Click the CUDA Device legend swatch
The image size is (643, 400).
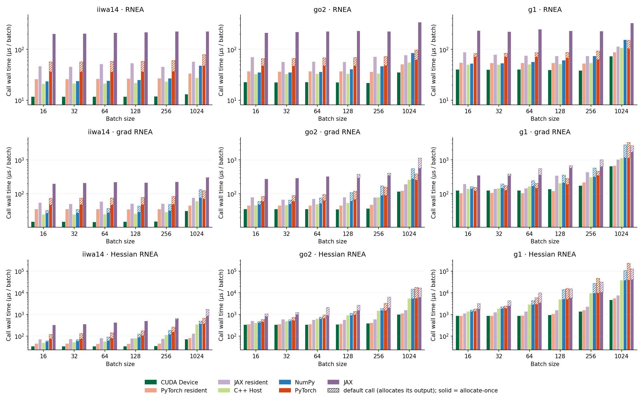(x=150, y=382)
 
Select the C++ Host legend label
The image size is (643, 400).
(x=248, y=390)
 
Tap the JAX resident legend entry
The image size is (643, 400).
(x=243, y=382)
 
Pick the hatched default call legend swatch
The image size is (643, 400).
(x=333, y=390)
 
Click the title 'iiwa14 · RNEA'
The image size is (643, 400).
(x=120, y=10)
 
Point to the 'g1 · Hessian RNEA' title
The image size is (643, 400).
(x=545, y=254)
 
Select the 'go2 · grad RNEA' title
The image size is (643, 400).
(x=332, y=132)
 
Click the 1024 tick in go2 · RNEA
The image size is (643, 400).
(x=409, y=111)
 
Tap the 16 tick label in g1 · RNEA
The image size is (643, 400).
(x=468, y=111)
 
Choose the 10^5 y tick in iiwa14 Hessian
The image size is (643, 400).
(x=19, y=271)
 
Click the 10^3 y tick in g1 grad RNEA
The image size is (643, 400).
(x=444, y=160)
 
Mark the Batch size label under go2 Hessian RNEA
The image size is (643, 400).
(x=332, y=364)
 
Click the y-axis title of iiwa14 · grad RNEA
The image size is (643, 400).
(x=9, y=183)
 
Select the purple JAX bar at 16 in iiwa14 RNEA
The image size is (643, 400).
(x=54, y=69)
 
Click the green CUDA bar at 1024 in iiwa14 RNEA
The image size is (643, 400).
(x=186, y=99)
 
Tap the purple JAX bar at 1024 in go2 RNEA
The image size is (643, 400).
(x=420, y=64)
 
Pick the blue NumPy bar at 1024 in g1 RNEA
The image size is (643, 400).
(x=625, y=72)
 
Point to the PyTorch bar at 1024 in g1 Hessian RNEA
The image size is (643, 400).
(x=628, y=306)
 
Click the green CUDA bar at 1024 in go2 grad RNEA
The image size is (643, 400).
(x=398, y=209)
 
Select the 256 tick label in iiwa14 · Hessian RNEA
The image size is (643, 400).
(x=166, y=356)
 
